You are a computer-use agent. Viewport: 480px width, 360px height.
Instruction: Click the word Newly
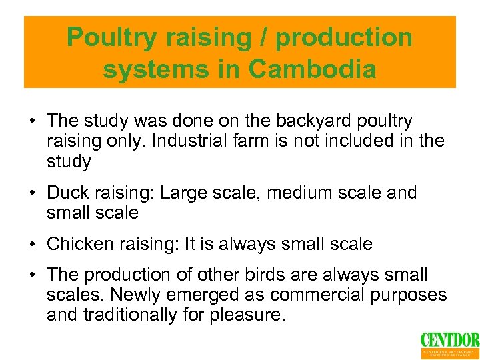point(142,295)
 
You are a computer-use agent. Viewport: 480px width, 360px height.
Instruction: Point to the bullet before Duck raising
point(31,193)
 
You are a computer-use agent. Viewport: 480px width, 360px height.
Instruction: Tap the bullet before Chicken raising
point(31,245)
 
